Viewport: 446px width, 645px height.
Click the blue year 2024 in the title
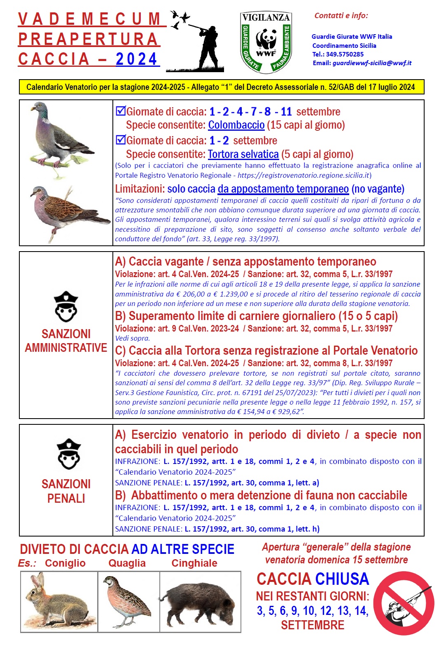136,59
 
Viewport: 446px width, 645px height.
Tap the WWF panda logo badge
266,42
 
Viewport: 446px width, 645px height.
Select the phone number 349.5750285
345,54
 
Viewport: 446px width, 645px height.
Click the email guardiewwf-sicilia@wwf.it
372,63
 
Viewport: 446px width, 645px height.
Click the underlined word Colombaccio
236,125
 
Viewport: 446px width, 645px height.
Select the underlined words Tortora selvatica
243,154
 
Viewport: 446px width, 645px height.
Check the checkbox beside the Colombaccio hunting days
120,111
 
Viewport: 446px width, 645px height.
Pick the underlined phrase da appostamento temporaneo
283,189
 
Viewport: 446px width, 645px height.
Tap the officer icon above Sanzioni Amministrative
66,307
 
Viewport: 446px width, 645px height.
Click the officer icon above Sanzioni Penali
68,454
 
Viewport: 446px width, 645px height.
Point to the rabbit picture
58,601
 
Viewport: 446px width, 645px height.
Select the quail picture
128,601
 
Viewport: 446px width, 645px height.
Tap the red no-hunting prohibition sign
404,603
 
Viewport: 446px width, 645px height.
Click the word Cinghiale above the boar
194,563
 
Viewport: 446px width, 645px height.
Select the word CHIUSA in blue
341,579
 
